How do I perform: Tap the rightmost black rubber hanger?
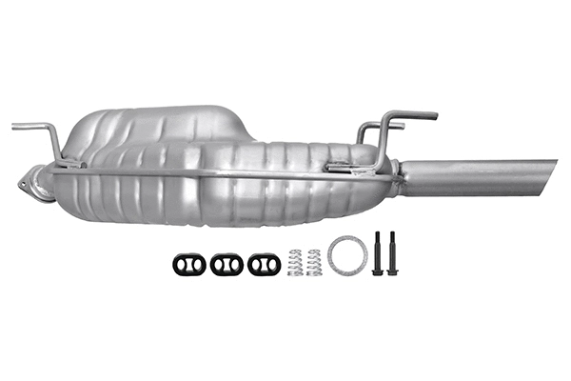pyautogui.click(x=264, y=264)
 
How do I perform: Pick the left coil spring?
pyautogui.click(x=295, y=262)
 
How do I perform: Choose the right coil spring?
pyautogui.click(x=314, y=262)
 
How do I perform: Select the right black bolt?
pyautogui.click(x=391, y=253)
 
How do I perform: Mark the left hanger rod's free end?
pyautogui.click(x=16, y=126)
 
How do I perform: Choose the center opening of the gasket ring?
pyautogui.click(x=347, y=254)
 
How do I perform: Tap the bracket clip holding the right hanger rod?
pyautogui.click(x=338, y=170)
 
